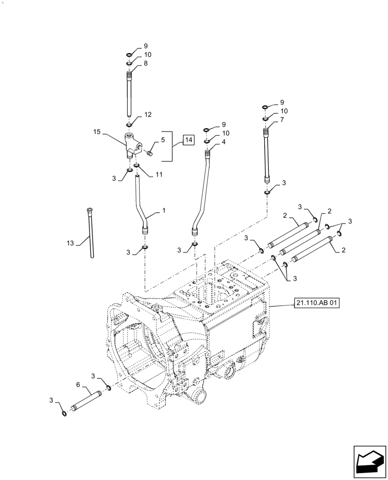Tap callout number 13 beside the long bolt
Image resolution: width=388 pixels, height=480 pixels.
71,243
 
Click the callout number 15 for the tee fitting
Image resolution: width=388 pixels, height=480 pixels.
97,131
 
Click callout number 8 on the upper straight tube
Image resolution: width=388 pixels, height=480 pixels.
145,62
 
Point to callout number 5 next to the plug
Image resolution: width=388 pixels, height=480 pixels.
163,140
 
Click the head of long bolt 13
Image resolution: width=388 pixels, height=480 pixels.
90,209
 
